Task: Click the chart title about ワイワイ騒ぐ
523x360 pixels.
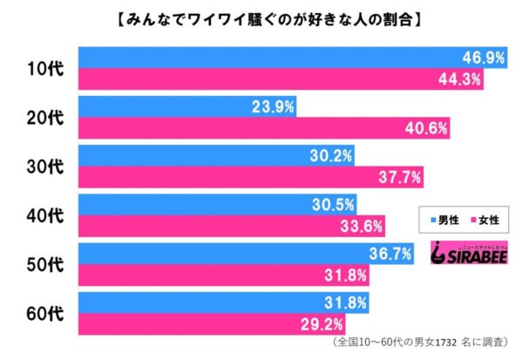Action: (261, 17)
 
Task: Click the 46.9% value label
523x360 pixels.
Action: (481, 57)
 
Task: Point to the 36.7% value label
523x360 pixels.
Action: (386, 254)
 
